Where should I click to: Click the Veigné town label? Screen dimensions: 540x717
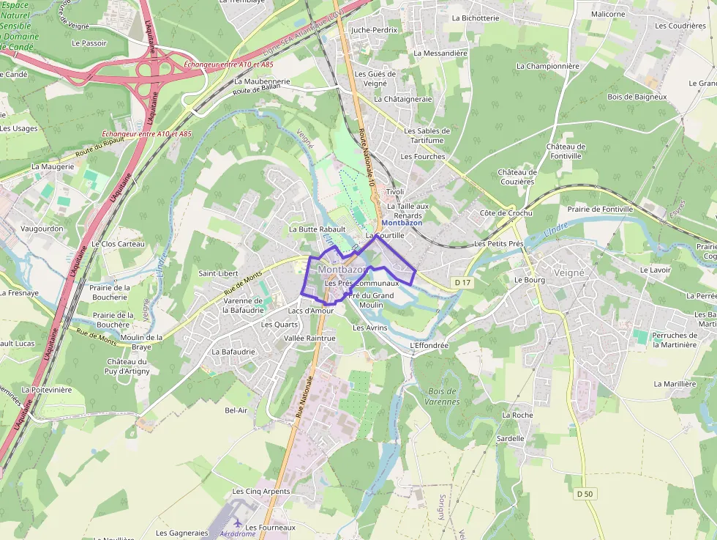569,273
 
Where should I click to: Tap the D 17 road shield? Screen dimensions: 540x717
461,282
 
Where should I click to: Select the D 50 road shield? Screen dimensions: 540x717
584,494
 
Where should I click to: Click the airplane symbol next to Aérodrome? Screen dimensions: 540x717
237,523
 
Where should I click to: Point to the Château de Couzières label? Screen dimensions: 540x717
517,177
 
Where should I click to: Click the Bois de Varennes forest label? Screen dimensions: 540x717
444,396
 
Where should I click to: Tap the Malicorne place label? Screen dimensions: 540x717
608,14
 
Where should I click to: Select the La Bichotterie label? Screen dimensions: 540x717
475,18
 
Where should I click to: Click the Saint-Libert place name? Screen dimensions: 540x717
218,273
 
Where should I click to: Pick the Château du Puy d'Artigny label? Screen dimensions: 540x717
127,366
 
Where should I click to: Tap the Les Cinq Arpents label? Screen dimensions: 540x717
261,491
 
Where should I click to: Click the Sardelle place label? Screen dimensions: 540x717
511,438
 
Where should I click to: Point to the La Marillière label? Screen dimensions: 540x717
675,383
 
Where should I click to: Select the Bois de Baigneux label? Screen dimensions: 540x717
637,97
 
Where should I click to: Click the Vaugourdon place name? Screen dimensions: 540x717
42,229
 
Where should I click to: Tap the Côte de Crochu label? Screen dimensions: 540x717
506,213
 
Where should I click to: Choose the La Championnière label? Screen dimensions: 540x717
547,66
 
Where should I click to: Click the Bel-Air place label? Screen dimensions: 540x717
236,410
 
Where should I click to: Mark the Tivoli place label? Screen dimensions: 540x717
395,192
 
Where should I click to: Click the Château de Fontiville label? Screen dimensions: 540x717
566,151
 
